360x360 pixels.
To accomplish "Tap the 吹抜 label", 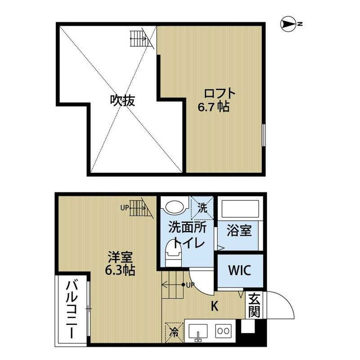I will pos(122,100).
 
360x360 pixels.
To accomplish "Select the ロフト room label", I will pos(220,94).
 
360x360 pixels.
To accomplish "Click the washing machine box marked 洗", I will pos(202,208).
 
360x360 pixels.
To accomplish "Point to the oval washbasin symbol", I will pos(175,207).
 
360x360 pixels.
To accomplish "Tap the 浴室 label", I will pos(239,231).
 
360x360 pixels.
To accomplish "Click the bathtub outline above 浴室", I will pos(239,209).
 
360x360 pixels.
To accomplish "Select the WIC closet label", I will pos(239,271).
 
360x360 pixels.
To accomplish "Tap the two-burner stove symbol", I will pos(223,332).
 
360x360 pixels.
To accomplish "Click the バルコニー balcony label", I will pos(72,310).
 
